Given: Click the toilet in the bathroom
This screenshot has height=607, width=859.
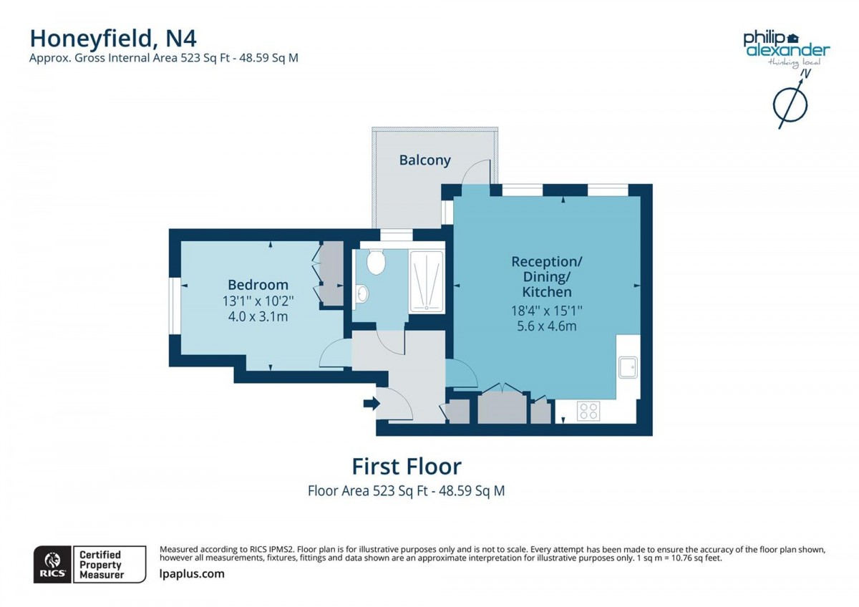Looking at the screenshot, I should pos(376,262).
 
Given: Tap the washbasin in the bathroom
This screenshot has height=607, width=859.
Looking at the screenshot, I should pos(361,292).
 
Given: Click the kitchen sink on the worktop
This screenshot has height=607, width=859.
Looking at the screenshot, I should pos(629,367).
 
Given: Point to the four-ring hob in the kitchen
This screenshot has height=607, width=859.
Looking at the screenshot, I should pos(588,411).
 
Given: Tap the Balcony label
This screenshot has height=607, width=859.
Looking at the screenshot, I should pos(424,160).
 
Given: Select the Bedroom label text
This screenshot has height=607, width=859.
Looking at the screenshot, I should pos(258,284).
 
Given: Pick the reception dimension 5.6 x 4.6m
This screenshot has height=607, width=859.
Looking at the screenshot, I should pos(546,326).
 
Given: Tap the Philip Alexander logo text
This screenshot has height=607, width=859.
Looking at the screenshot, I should pos(786,44).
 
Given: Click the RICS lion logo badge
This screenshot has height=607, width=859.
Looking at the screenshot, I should pos(52,564).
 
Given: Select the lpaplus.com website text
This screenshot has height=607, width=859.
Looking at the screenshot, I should pos(191,573).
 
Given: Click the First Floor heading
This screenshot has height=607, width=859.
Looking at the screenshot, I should pos(406,467).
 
